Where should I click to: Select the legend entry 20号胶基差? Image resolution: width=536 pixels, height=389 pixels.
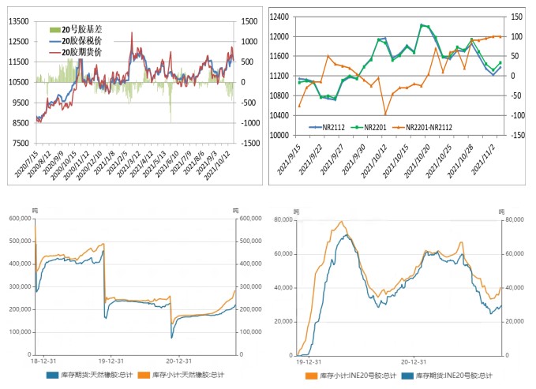point(86,30)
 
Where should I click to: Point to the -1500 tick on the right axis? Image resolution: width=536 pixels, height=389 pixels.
point(251,144)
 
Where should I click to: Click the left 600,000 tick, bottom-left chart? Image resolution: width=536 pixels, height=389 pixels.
point(17,219)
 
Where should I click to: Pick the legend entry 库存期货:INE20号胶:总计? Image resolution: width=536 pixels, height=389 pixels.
point(458,376)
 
